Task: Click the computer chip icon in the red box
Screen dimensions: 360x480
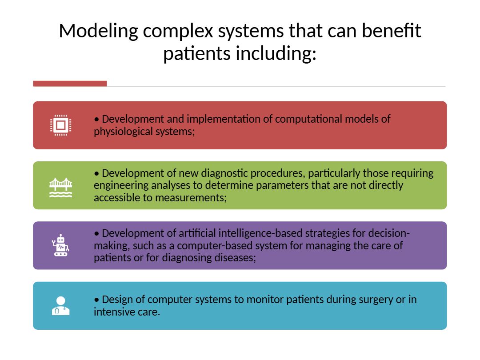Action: coord(61,125)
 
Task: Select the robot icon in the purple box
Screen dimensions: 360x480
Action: coord(61,246)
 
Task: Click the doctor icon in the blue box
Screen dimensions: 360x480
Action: coord(61,306)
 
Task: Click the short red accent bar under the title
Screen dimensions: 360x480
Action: coord(70,84)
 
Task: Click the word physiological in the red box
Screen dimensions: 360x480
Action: coord(121,132)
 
